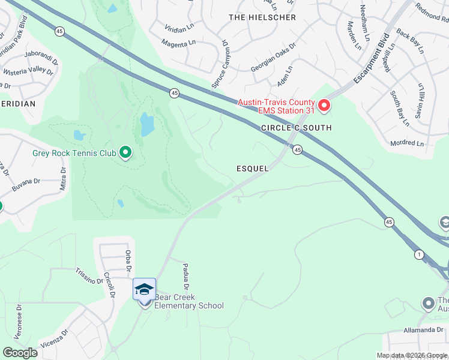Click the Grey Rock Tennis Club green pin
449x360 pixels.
pos(125,153)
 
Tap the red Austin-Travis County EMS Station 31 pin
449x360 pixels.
pos(324,107)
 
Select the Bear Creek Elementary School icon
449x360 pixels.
pos(144,290)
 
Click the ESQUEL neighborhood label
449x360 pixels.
pos(252,169)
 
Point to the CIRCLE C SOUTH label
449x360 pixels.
pos(296,128)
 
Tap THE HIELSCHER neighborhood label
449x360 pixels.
pos(262,17)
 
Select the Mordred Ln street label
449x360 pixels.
pos(406,143)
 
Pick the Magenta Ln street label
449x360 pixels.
pos(179,43)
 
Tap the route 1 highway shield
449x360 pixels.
pos(418,254)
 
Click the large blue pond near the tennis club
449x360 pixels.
pos(146,125)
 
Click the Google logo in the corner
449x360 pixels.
pos(20,353)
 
